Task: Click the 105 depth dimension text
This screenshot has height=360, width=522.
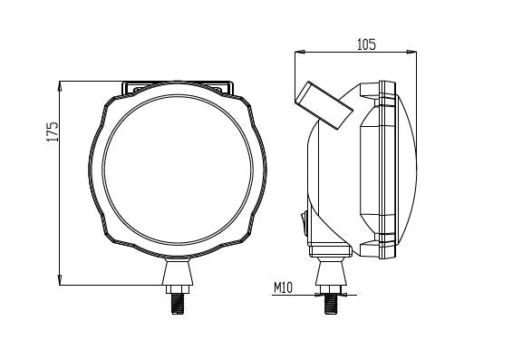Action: coord(366,44)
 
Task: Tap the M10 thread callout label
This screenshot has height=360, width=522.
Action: coord(285,289)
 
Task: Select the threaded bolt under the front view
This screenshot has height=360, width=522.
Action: coord(177,300)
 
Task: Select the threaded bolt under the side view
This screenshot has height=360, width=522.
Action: coord(332,300)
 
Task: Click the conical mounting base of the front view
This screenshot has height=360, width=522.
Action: coord(177,271)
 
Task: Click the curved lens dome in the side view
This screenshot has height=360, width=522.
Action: coord(408,170)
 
